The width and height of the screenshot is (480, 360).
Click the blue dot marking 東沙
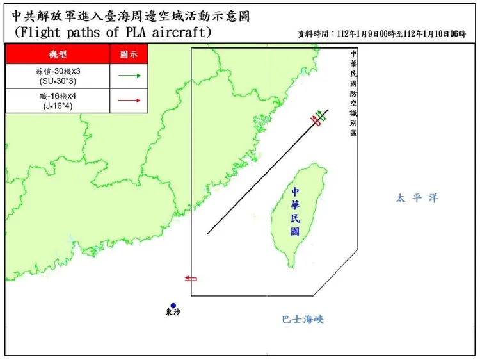tap(173, 306)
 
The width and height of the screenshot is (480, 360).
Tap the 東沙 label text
tap(173, 314)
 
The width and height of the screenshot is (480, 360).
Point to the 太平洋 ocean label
tap(417, 199)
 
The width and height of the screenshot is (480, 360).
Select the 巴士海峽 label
tap(303, 319)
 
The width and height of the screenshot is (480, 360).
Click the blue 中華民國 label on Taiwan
tap(295, 212)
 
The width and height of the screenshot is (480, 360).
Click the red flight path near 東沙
tap(190, 279)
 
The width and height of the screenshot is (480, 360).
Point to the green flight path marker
tap(320, 116)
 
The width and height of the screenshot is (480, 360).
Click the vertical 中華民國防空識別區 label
tap(353, 92)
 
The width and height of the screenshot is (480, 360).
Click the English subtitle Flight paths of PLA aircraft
tap(113, 32)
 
